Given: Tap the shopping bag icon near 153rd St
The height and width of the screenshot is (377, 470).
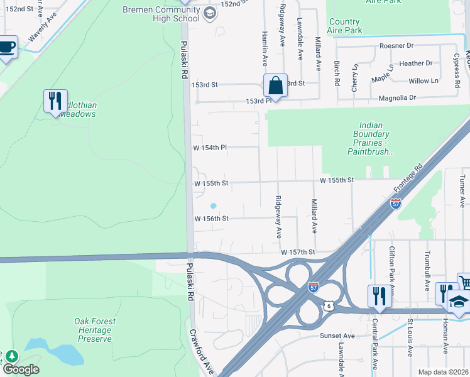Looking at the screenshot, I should click(275, 85).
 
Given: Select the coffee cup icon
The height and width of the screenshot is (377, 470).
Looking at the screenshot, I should click(7, 47).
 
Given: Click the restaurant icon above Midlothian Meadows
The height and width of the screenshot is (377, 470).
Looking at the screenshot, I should click(55, 101).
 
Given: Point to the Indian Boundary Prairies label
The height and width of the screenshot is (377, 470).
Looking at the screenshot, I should click(372, 138).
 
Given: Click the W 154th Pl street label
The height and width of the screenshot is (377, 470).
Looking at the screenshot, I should click(210, 148).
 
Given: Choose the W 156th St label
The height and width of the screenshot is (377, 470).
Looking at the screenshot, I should click(211, 219).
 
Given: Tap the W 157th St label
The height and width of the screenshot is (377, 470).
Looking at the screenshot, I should click(297, 252).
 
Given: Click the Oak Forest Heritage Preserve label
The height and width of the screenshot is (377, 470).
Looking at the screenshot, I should click(95, 330).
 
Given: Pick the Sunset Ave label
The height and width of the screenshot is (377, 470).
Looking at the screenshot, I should click(338, 336).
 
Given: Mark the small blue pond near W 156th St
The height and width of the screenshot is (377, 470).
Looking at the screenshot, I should click(213, 205).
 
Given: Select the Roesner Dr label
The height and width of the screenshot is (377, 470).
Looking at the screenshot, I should click(396, 46).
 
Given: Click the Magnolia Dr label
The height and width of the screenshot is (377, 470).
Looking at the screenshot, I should click(397, 97).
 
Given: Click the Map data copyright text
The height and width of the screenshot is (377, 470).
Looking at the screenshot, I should click(442, 372).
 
